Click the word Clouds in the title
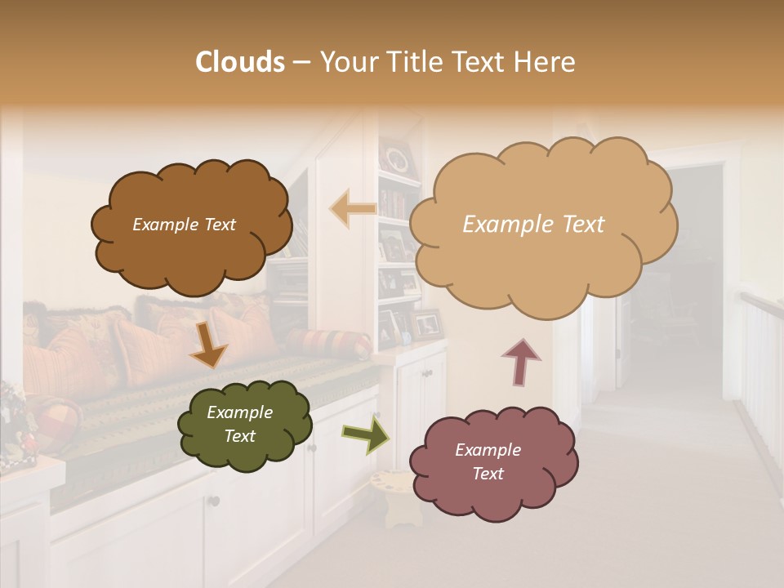point(240,62)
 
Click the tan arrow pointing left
point(353,209)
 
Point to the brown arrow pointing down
point(208,346)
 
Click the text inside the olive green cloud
point(239,424)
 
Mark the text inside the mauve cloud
point(488,461)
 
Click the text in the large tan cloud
point(533,225)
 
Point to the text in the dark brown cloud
point(184,225)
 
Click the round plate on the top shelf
point(398,158)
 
